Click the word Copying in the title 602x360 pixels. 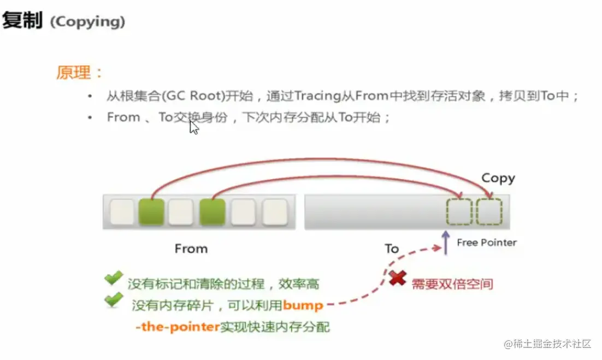87,22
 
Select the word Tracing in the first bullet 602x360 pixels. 317,96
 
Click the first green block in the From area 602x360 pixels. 151,212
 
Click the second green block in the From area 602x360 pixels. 213,212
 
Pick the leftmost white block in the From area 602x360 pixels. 122,212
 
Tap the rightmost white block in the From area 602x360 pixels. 274,212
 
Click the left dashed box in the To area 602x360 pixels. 459,212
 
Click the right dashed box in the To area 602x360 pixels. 488,212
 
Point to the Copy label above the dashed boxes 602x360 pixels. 498,178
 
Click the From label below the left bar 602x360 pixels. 191,249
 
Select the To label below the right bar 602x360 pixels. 392,249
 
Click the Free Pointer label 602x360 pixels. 487,243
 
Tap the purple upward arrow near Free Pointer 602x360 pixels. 445,243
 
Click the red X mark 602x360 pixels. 397,279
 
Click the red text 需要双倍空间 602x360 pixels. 452,284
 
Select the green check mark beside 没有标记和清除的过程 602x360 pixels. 114,279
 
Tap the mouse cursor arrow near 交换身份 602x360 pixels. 194,127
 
